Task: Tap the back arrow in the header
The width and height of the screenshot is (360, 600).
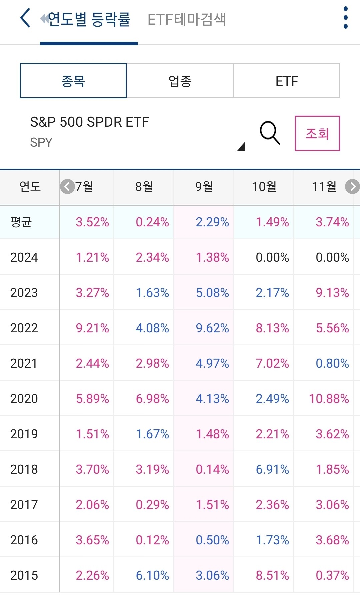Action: (25, 18)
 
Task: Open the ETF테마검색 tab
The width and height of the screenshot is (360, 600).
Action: (187, 19)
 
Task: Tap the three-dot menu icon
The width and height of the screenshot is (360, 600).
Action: (345, 18)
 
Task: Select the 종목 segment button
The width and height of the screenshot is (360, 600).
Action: (73, 81)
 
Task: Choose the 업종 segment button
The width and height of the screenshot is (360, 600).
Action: (180, 81)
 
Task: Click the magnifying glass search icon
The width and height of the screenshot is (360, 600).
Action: (269, 133)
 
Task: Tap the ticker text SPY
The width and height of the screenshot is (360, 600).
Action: (41, 142)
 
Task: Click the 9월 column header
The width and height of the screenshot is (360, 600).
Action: (204, 187)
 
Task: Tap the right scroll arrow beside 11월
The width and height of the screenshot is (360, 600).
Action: (352, 187)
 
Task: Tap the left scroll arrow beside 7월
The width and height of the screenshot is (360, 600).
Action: (67, 187)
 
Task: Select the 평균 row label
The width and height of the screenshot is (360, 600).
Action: (21, 222)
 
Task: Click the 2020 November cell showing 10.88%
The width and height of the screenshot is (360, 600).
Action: (329, 399)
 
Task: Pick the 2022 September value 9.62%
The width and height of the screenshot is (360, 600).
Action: (212, 328)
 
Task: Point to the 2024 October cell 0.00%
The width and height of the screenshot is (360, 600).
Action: (272, 257)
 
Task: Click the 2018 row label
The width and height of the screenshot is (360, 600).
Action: (24, 469)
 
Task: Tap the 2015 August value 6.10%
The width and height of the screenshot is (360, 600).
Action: (152, 575)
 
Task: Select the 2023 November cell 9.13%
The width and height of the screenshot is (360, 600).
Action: (332, 293)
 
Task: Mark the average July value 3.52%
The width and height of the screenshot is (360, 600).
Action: (92, 222)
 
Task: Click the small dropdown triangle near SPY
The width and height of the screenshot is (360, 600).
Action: (241, 147)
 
